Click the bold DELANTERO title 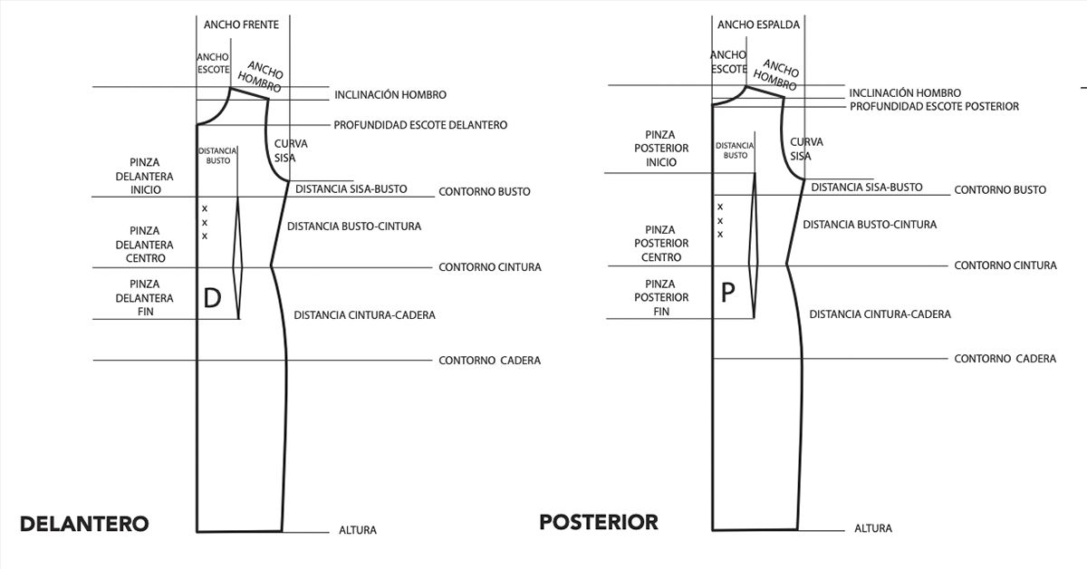pyautogui.click(x=84, y=524)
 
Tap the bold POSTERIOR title pyautogui.click(x=599, y=522)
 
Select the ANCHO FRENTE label pyautogui.click(x=241, y=24)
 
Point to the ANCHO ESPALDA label pyautogui.click(x=758, y=24)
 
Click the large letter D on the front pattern pyautogui.click(x=212, y=298)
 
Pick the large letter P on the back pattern pyautogui.click(x=727, y=293)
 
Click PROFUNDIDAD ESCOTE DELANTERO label pyautogui.click(x=420, y=125)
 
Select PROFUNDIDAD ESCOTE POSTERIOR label pyautogui.click(x=934, y=106)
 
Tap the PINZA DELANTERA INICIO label pyautogui.click(x=145, y=176)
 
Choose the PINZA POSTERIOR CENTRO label pyautogui.click(x=661, y=243)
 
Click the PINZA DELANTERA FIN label pyautogui.click(x=145, y=297)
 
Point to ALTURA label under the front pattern pyautogui.click(x=358, y=530)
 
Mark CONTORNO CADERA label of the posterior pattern pyautogui.click(x=1005, y=359)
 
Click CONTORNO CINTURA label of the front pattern pyautogui.click(x=490, y=267)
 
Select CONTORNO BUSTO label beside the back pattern pyautogui.click(x=1000, y=190)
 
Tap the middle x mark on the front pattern pyautogui.click(x=205, y=223)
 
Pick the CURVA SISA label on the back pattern pyautogui.click(x=806, y=149)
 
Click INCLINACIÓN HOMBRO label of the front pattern pyautogui.click(x=390, y=94)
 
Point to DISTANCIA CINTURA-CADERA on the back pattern pyautogui.click(x=880, y=314)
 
